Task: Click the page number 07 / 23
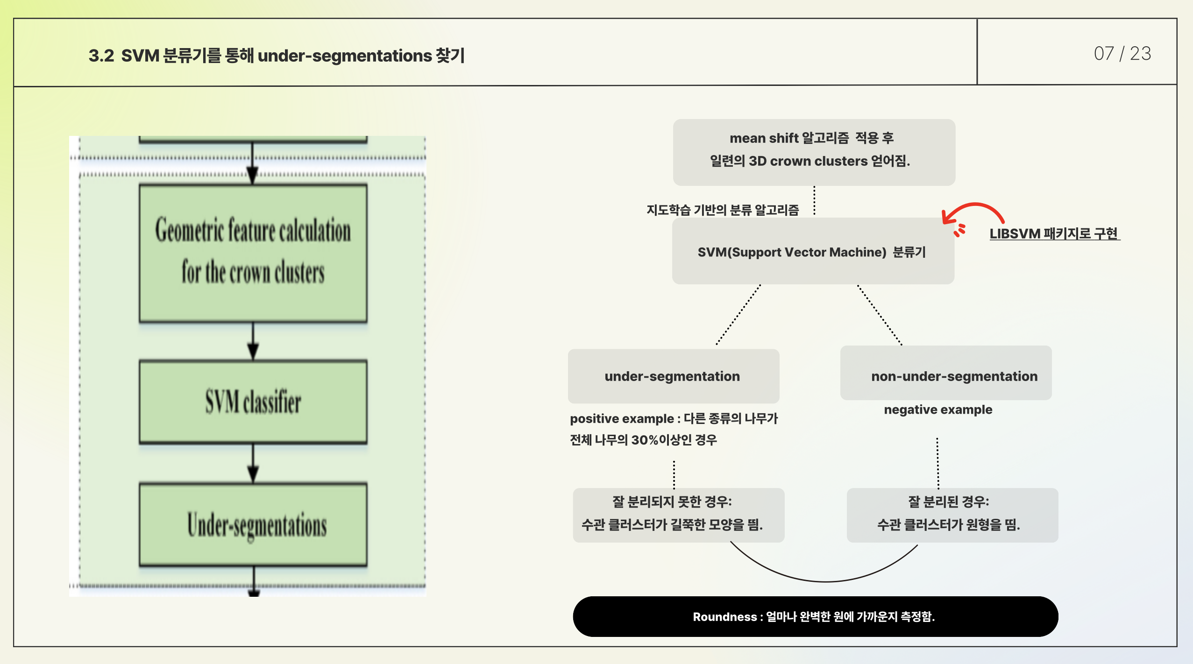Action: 1122,54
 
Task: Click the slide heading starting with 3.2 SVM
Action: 277,56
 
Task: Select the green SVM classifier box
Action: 253,402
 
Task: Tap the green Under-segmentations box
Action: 253,525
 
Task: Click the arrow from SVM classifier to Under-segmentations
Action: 253,463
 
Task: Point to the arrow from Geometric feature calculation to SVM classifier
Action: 253,341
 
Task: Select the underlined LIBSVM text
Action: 1054,233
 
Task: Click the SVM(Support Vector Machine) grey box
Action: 813,252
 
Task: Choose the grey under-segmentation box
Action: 673,376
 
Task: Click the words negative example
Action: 938,410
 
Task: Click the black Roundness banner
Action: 815,616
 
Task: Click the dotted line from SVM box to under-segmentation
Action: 738,315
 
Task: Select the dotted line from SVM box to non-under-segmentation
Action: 880,315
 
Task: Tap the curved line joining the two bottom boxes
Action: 824,580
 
